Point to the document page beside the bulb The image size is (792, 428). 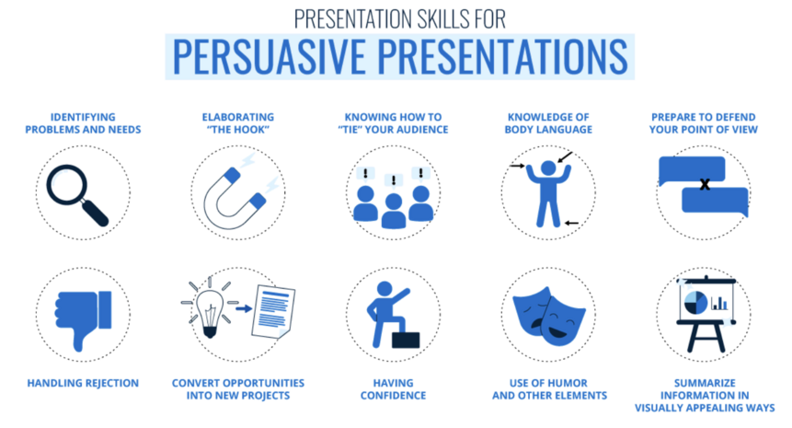[x=273, y=311]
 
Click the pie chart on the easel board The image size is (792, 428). [x=695, y=302]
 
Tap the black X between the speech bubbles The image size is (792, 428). [x=705, y=185]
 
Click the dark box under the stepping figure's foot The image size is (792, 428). [x=406, y=340]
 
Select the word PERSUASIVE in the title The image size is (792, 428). [x=270, y=56]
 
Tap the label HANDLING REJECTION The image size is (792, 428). [x=83, y=383]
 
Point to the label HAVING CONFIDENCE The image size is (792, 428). [x=393, y=389]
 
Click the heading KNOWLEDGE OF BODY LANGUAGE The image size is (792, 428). [x=548, y=122]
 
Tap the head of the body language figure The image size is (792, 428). [x=548, y=168]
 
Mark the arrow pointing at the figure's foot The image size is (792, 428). [x=572, y=223]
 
